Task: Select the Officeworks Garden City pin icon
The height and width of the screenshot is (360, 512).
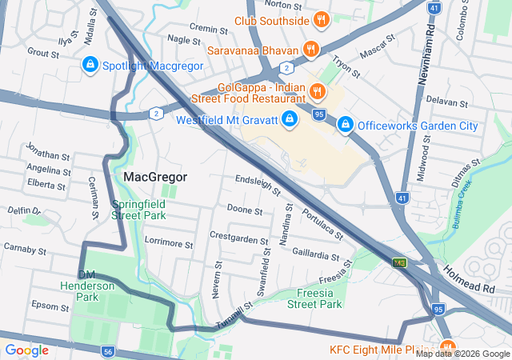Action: click(346, 126)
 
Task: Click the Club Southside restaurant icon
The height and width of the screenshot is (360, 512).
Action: click(321, 20)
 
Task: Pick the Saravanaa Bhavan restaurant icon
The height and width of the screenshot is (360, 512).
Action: click(310, 50)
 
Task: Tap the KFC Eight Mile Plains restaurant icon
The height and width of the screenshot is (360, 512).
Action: click(445, 349)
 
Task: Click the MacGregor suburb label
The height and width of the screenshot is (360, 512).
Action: click(155, 176)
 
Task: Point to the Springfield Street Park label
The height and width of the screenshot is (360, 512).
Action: click(138, 210)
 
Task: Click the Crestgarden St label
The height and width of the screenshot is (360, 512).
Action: click(239, 237)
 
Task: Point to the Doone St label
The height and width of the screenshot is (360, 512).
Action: click(245, 210)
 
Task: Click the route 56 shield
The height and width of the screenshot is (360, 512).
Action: click(108, 351)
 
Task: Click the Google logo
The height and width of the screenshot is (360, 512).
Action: click(26, 350)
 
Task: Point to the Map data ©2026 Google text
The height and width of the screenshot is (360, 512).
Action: click(462, 354)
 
